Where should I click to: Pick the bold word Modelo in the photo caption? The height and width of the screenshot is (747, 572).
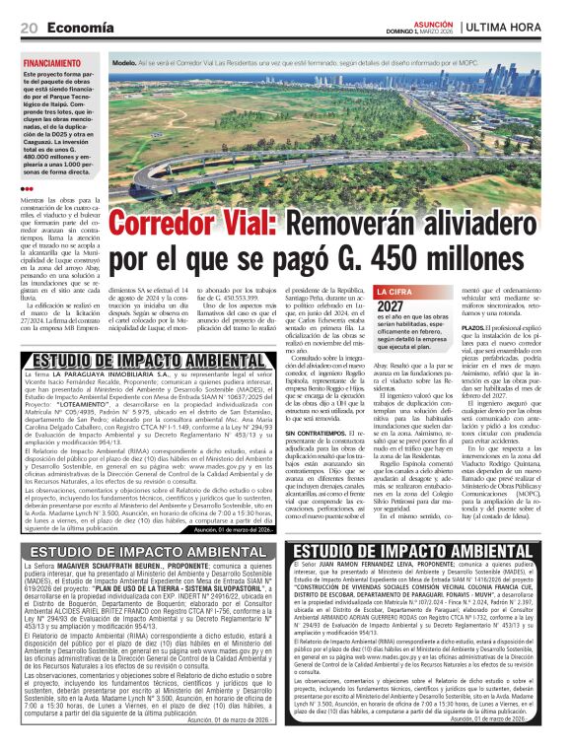click(125, 62)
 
